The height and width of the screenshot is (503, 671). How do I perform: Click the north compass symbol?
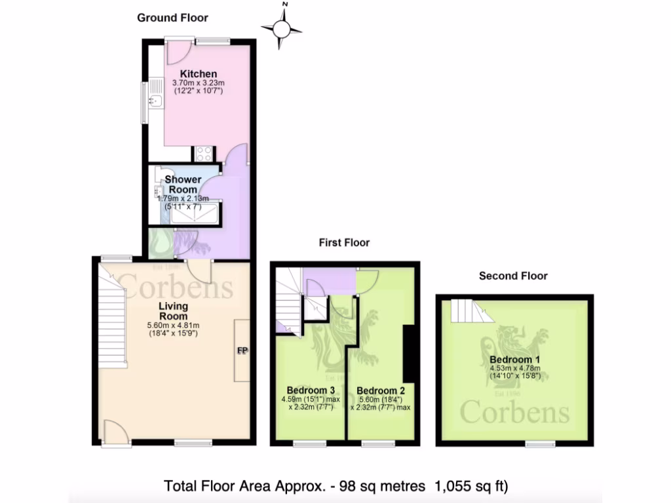click(282, 28)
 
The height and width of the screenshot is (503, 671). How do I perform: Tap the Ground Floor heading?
click(172, 18)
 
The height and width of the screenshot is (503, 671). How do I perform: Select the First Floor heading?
click(344, 242)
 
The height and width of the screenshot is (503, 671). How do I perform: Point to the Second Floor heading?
click(513, 276)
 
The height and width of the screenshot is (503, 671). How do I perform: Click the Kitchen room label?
click(199, 73)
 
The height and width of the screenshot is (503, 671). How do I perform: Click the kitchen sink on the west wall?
click(155, 101)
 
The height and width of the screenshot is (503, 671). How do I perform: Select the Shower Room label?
click(183, 184)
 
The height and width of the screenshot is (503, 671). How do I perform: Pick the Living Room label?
click(173, 311)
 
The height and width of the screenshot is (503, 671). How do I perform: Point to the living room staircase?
click(112, 321)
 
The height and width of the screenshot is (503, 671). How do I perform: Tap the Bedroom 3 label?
click(311, 390)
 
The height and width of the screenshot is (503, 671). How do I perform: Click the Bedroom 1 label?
click(514, 360)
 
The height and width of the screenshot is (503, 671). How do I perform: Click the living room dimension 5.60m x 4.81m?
click(173, 325)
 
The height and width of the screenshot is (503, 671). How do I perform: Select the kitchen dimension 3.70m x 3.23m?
click(199, 83)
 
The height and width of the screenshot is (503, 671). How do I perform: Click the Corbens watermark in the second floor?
click(514, 412)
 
